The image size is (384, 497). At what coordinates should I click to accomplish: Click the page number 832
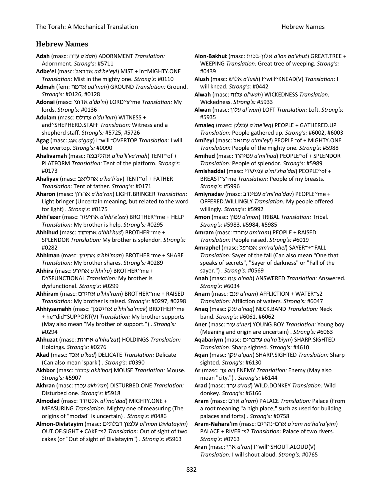coord(191,470)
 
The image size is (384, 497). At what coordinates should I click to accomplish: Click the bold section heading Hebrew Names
coord(62,44)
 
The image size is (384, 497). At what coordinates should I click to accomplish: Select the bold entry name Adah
coord(42,56)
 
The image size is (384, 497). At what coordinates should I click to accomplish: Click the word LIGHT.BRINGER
coord(135,194)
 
